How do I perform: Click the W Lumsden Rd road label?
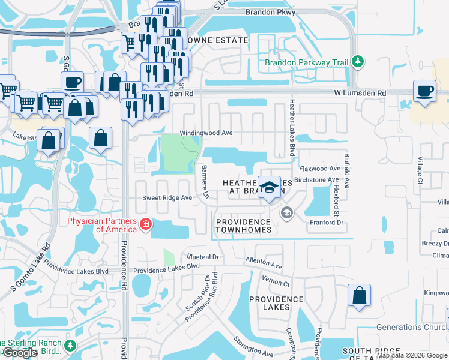tap(360, 93)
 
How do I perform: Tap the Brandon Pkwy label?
tap(270, 12)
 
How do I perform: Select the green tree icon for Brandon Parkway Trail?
tap(358, 61)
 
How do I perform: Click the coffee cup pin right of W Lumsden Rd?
tap(424, 91)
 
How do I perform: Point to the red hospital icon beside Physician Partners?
tap(145, 224)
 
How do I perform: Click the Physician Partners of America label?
tap(102, 224)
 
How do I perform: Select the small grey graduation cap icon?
tap(287, 212)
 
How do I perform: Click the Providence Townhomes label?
tap(243, 226)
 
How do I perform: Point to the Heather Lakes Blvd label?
tap(293, 128)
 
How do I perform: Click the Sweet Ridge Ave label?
tap(167, 197)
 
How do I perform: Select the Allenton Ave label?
tap(263, 262)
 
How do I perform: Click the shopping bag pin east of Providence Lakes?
tap(358, 295)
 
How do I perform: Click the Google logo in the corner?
tap(19, 353)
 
